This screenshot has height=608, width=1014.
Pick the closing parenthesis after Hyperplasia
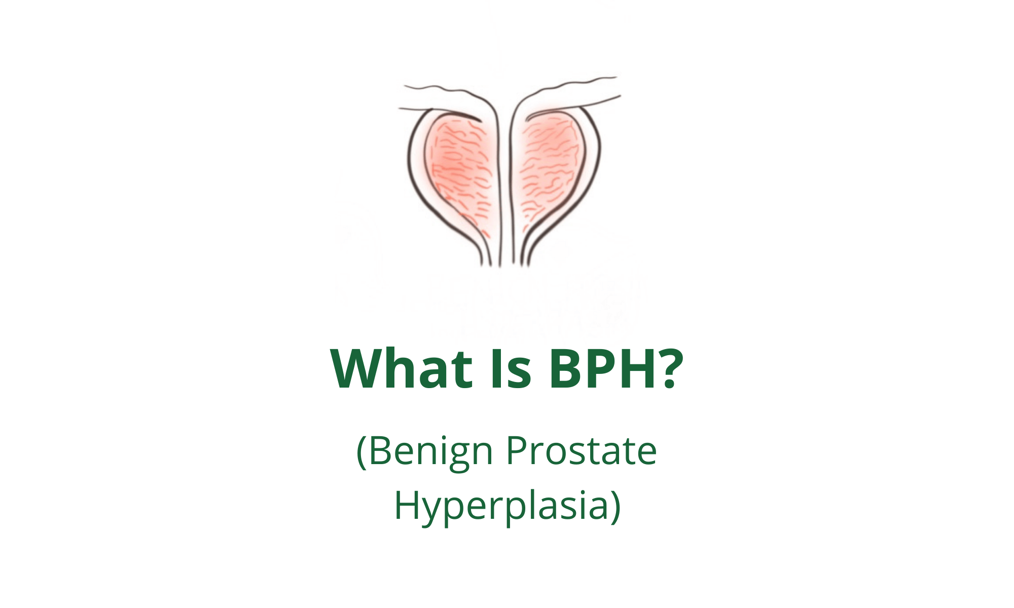[x=615, y=507]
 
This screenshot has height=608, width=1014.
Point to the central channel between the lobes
[x=506, y=187]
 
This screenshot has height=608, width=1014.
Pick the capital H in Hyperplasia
[x=407, y=505]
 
